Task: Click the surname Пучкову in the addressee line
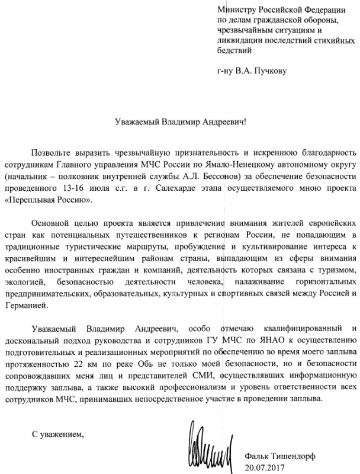269,72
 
